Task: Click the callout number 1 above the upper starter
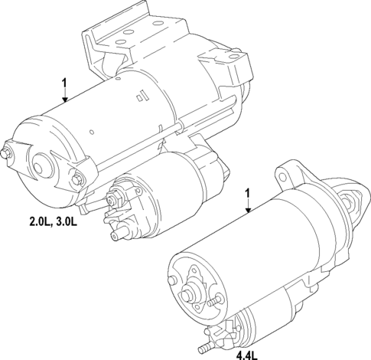[x=65, y=81]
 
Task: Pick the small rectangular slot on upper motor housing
[x=140, y=97]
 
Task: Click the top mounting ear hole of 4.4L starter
[x=287, y=169]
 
